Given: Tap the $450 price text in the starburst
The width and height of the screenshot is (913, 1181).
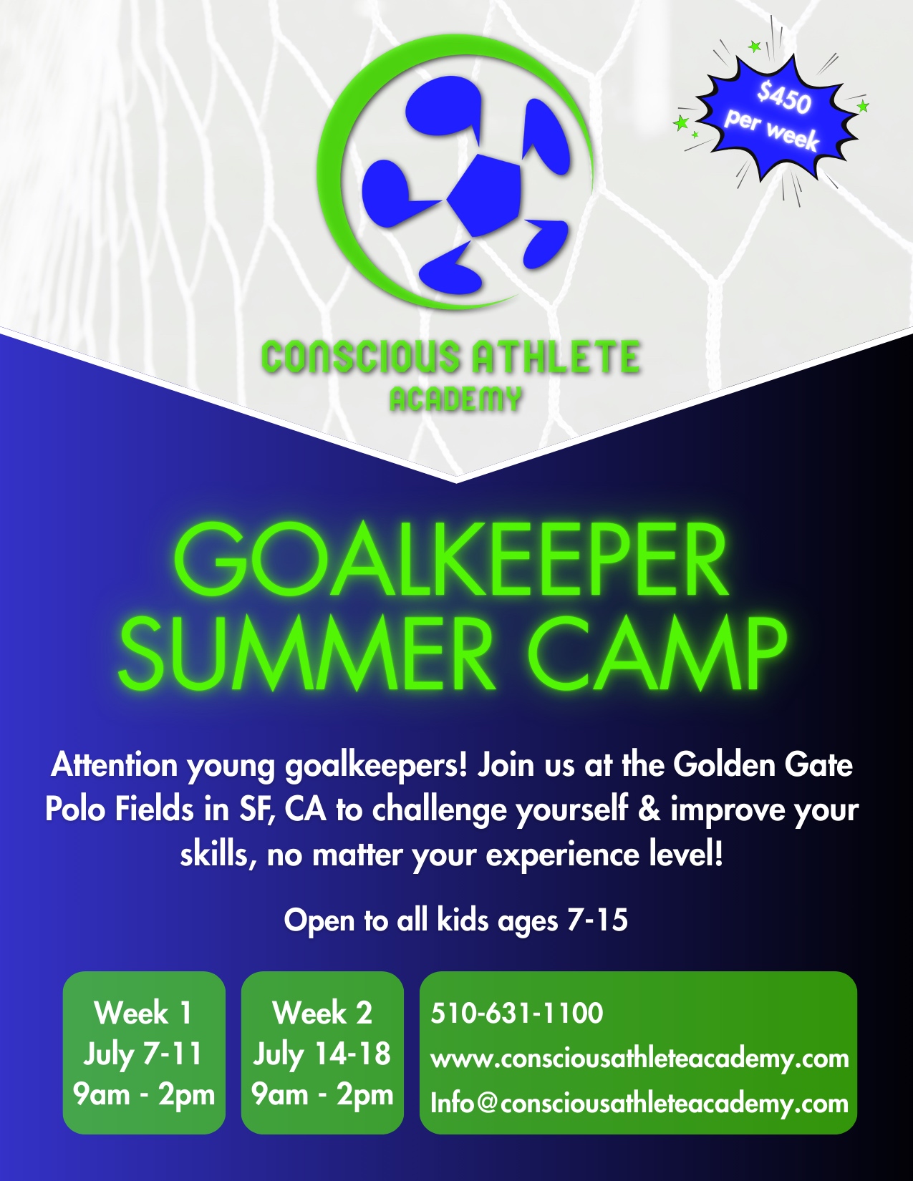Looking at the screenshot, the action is click(x=784, y=98).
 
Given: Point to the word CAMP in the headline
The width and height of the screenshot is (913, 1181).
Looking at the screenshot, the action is click(x=660, y=653).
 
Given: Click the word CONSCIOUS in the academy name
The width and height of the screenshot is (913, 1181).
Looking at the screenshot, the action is click(x=360, y=357).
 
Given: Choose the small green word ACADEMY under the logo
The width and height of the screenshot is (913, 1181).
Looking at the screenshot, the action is click(x=455, y=399).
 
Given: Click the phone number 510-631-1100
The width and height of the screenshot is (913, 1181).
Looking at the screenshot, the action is click(x=516, y=1013).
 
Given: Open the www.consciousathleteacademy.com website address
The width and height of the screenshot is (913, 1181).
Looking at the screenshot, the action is click(x=639, y=1058).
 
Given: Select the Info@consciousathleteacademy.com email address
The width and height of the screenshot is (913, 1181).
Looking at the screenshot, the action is click(x=639, y=1103).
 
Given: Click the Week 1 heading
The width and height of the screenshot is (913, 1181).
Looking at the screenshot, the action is click(x=143, y=1013).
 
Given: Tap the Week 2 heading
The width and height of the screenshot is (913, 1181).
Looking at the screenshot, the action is click(x=322, y=1013).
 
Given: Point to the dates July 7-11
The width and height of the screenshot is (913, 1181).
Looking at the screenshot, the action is click(x=143, y=1054).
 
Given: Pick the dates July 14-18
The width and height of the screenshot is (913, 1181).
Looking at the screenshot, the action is click(x=322, y=1054).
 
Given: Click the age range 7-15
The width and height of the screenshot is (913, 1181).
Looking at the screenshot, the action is click(x=598, y=920).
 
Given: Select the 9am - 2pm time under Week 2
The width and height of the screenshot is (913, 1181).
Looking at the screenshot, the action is click(x=322, y=1094).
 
